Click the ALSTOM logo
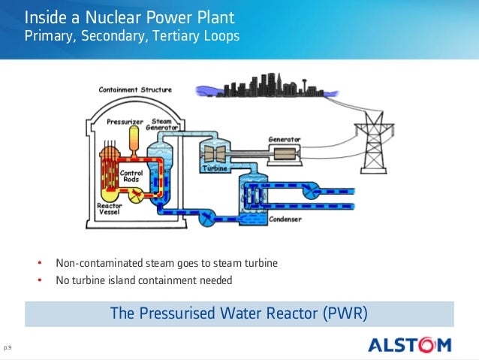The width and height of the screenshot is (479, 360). click(409, 345)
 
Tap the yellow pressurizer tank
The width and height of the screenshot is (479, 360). click(134, 138)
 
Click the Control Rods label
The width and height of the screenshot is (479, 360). click(131, 177)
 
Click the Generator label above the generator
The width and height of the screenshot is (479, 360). click(285, 140)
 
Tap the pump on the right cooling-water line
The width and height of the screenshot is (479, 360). click(309, 193)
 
